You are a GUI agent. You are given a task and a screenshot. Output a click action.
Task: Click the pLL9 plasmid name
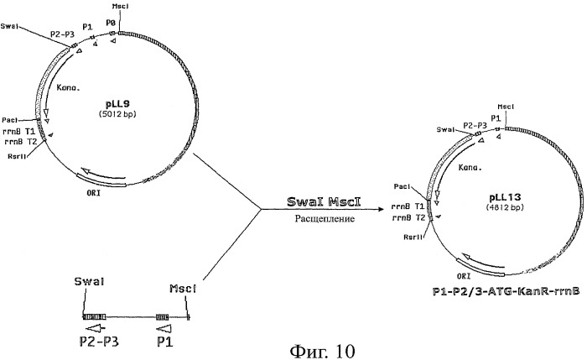point(117,104)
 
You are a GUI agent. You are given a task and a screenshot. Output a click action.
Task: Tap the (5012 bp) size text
point(117,113)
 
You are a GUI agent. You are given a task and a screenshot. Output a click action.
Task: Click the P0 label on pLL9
point(111,23)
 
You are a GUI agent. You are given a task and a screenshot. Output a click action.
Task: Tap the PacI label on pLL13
point(402,186)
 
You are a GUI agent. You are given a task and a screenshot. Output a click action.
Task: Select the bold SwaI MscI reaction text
point(324,201)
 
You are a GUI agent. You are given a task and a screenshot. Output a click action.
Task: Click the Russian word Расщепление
point(325,218)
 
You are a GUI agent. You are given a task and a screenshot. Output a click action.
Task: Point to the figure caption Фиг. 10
point(323,351)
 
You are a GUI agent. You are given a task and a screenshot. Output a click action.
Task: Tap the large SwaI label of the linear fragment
point(89,282)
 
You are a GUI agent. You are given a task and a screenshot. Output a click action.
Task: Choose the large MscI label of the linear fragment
point(183,289)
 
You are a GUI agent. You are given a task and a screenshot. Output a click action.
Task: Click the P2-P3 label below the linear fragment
point(99,342)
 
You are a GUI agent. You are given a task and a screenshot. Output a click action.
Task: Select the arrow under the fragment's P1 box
point(164,329)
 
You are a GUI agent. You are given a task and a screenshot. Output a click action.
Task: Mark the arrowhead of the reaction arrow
point(382,209)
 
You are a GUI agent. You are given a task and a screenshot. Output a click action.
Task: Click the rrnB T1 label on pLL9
point(18,132)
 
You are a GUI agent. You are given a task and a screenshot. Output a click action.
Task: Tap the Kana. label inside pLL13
point(470,168)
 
